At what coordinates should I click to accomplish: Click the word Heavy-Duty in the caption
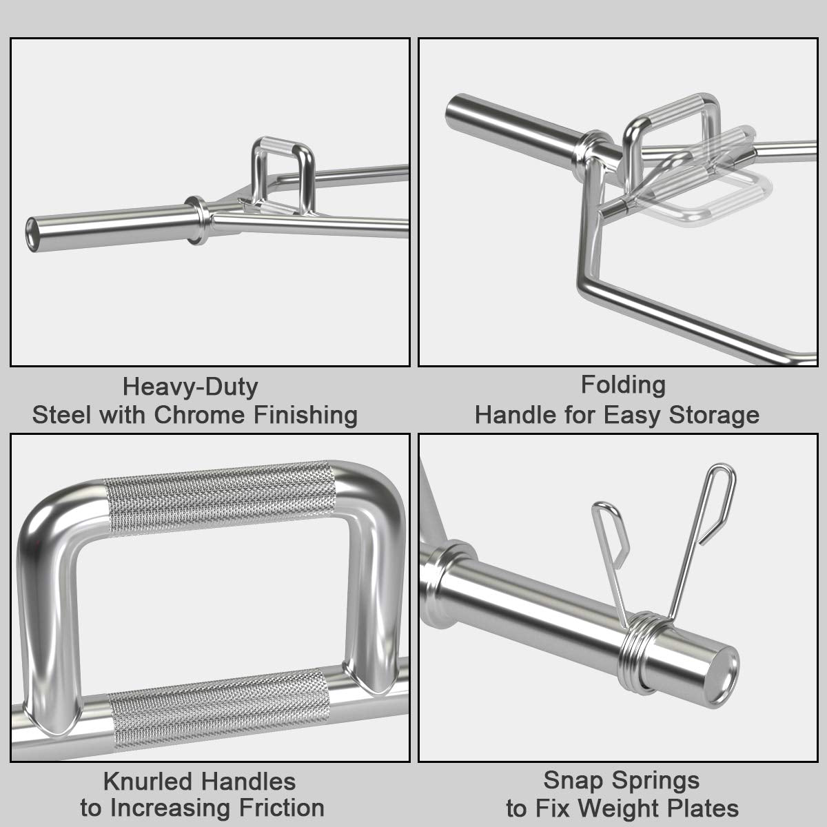pos(190,387)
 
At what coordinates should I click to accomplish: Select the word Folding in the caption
pos(623,385)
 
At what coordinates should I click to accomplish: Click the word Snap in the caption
pos(571,780)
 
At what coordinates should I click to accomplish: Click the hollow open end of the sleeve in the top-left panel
pos(32,227)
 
